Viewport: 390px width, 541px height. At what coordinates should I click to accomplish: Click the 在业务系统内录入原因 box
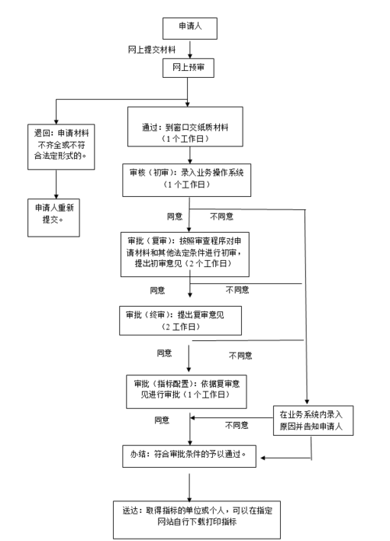pyautogui.click(x=312, y=420)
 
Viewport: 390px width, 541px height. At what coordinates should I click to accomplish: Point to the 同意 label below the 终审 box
pyautogui.click(x=165, y=353)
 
